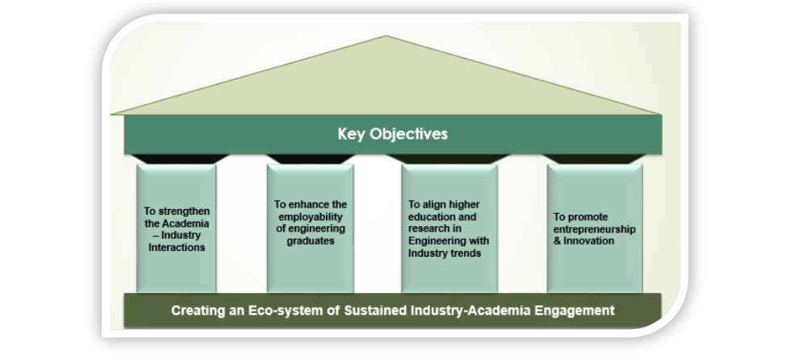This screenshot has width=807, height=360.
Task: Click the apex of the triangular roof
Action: coord(386,36)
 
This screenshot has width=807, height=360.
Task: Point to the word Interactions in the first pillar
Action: coord(177,248)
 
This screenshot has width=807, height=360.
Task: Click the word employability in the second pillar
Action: coord(311,217)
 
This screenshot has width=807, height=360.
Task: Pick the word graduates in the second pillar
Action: coord(311,241)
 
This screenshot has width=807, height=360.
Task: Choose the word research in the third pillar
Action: coord(429,228)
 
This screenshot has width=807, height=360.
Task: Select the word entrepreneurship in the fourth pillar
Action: coord(595,229)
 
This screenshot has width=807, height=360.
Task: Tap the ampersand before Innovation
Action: coord(558,241)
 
